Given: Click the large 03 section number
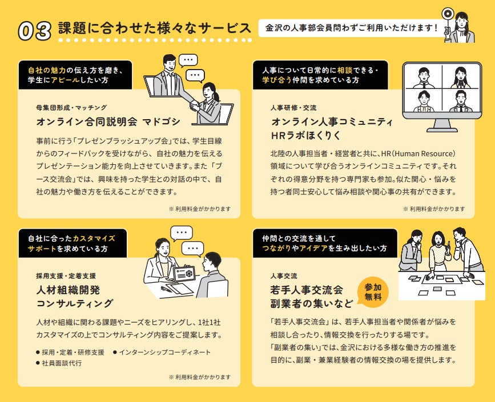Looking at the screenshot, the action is pyautogui.click(x=34, y=31).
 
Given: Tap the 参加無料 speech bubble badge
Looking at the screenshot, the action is pyautogui.click(x=373, y=293).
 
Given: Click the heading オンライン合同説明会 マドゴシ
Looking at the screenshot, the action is pyautogui.click(x=108, y=121).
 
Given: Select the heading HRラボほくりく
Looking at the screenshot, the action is pyautogui.click(x=306, y=135).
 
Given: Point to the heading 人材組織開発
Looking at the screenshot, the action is pyautogui.click(x=68, y=290).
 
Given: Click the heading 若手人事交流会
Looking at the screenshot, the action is pyautogui.click(x=306, y=290).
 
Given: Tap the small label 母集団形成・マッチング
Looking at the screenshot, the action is pyautogui.click(x=71, y=108).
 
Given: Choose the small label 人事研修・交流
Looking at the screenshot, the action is pyautogui.click(x=293, y=108).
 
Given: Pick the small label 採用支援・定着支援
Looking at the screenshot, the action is pyautogui.click(x=66, y=276).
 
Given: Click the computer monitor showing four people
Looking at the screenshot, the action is pyautogui.click(x=442, y=96).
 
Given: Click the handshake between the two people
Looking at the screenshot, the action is pyautogui.click(x=195, y=105).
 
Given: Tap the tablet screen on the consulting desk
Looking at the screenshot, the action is pyautogui.click(x=184, y=274).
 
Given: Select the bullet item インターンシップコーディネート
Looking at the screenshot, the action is pyautogui.click(x=162, y=352).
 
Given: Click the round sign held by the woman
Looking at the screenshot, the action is pyautogui.click(x=447, y=14).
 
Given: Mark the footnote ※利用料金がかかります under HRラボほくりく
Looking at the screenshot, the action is pyautogui.click(x=434, y=209).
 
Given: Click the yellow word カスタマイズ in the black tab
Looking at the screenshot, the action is pyautogui.click(x=94, y=238).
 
